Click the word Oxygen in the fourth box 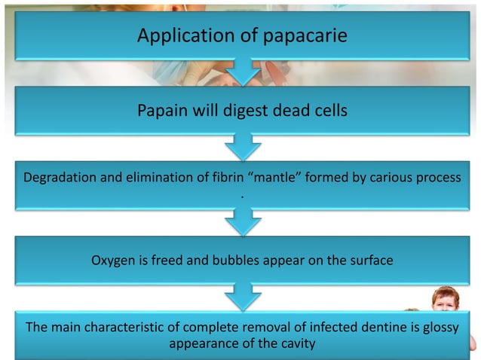(114, 261)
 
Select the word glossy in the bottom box (441, 328)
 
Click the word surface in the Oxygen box (369, 261)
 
